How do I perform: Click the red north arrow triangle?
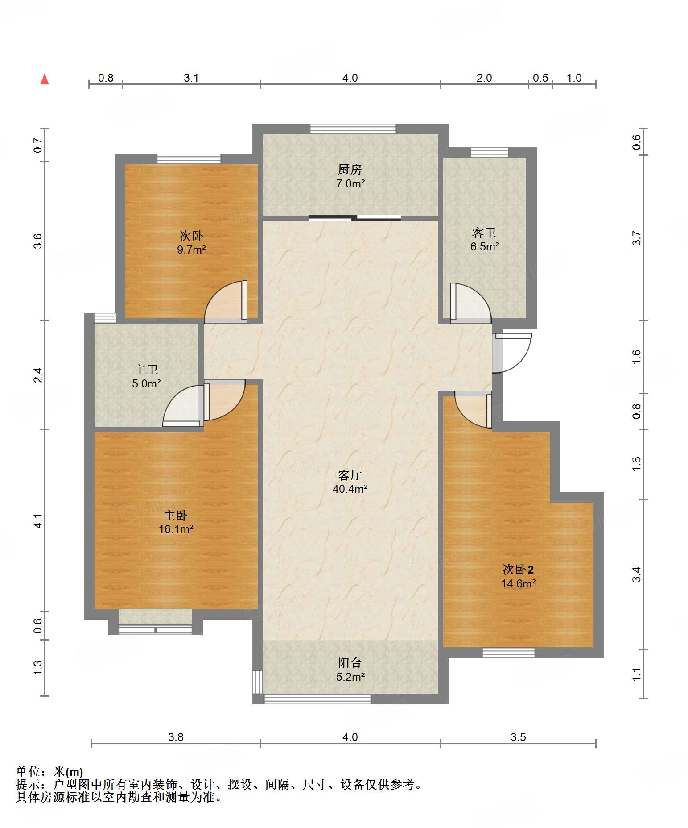pos(45,79)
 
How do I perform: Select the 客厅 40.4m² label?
pos(350,482)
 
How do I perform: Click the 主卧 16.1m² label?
pos(176,522)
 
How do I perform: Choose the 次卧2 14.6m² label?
pos(518,577)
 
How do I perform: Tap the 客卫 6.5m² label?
pos(484,240)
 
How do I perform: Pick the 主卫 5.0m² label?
pos(146,377)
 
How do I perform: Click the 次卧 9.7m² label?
pos(191,242)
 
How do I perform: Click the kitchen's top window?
pos(353,129)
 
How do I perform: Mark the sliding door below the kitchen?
pos(354,218)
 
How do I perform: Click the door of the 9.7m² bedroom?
pos(226,302)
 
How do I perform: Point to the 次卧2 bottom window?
pos(508,653)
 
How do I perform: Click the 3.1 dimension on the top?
pos(191,78)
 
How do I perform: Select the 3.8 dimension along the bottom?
pos(176,737)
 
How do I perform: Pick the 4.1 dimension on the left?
pos(38,521)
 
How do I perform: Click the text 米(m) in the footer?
pos(68,771)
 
